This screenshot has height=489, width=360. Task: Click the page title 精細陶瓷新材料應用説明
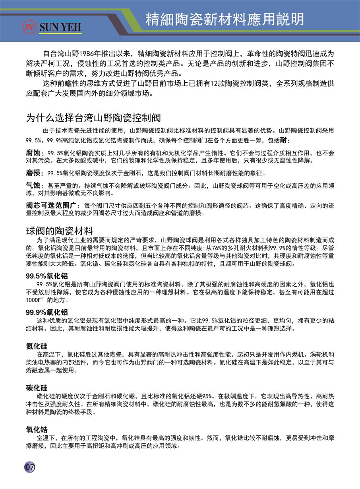225,19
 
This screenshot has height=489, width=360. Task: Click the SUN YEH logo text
60,27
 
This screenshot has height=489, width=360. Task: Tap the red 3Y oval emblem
30,27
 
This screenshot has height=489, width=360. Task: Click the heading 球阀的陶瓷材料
59,231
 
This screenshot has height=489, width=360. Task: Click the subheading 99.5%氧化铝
47,276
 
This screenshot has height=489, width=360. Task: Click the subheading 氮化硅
37,346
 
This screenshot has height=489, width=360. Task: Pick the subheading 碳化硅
37,388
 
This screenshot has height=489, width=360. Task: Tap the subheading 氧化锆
37,429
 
